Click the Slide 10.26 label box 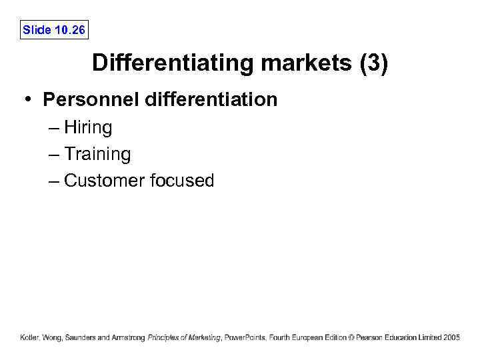tap(54, 30)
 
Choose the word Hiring tap(88, 128)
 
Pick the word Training tap(97, 154)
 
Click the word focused tap(181, 180)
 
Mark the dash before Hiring tap(54, 128)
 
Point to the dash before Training tap(54, 154)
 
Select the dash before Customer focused tap(54, 180)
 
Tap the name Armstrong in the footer tap(129, 338)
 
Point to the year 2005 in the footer tap(451, 338)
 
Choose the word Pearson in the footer tap(370, 338)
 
